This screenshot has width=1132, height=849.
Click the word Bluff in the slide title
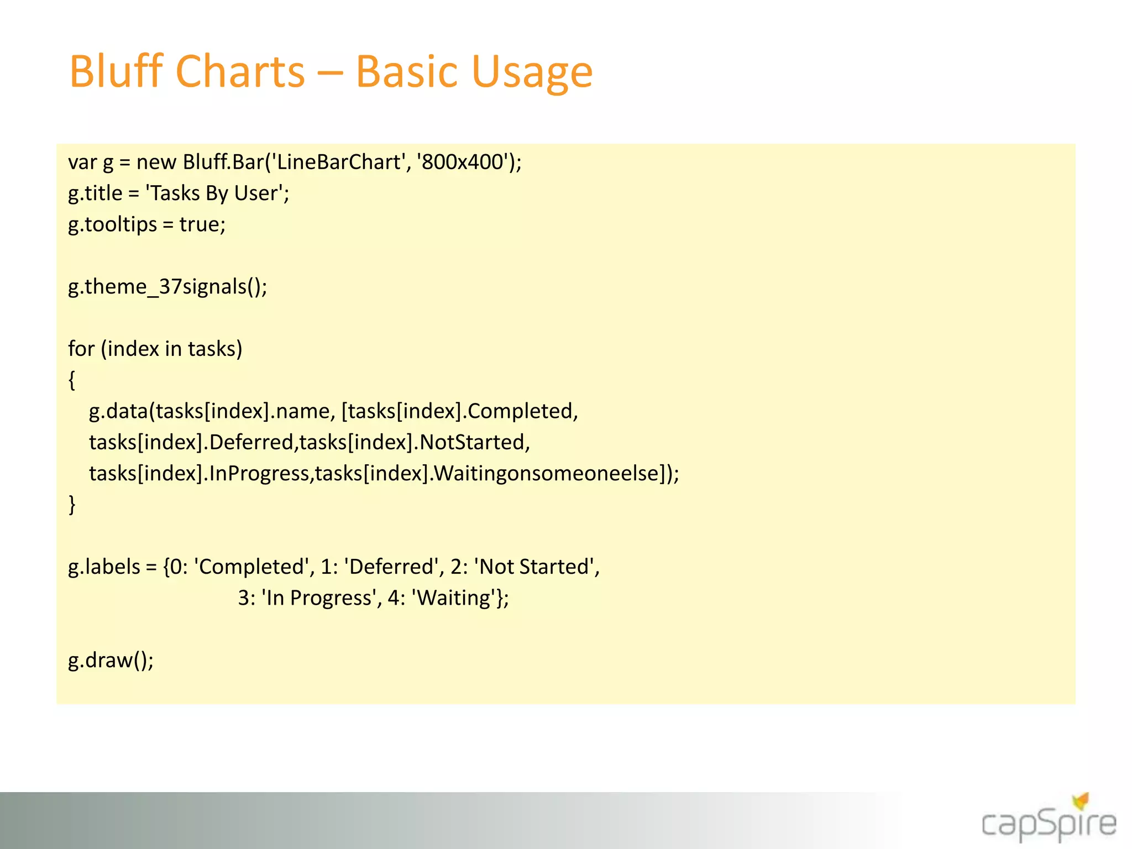[x=116, y=71]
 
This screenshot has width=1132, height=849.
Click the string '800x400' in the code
[x=462, y=162]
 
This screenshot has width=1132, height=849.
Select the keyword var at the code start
[x=82, y=163]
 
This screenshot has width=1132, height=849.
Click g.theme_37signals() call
[x=167, y=287]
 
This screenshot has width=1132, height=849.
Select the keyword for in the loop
[x=81, y=349]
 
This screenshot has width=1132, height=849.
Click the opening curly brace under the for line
[x=72, y=380]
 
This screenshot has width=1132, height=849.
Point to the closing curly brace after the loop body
[x=72, y=505]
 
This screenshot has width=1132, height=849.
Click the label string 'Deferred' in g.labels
[x=391, y=567]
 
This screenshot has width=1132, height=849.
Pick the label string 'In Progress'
[x=319, y=598]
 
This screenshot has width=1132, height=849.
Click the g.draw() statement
[x=111, y=661]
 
